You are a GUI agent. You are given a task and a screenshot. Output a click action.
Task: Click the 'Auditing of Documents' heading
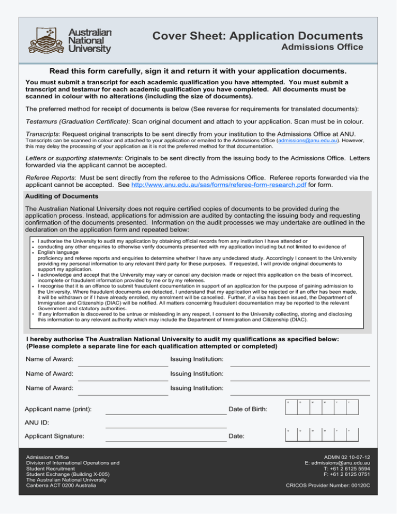(58, 197)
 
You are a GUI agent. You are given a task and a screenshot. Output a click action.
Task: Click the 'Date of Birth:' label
(248, 410)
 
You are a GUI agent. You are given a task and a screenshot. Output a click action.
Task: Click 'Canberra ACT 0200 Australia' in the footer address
(71, 485)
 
